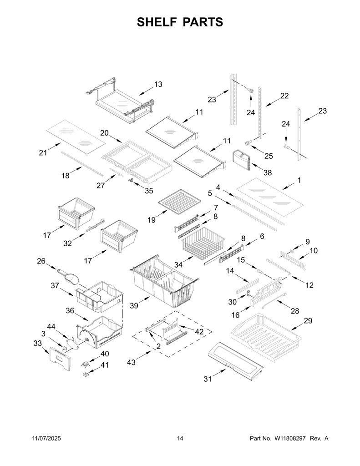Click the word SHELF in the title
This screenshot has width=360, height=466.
(x=157, y=22)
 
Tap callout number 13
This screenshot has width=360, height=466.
(x=158, y=84)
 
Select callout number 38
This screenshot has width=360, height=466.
(x=268, y=172)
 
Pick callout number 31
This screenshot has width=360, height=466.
(x=208, y=379)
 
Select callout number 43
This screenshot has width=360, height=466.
(x=131, y=362)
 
